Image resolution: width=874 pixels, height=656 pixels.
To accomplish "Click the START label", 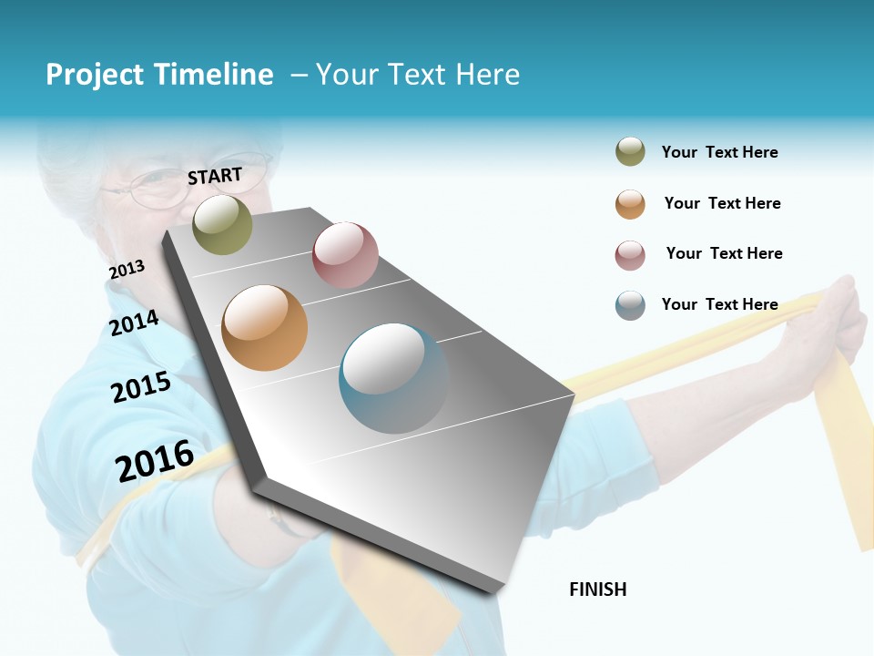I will tap(215, 175).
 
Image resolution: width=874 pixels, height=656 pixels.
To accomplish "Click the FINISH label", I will tap(597, 589).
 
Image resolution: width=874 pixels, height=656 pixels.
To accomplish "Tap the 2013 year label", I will tap(127, 270).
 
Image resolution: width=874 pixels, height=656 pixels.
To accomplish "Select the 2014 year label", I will tap(134, 323).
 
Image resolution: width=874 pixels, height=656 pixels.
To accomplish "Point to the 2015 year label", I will tap(141, 387).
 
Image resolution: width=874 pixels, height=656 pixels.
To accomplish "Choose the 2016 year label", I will tap(155, 460).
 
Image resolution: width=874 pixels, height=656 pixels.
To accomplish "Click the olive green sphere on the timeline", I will tap(222, 224).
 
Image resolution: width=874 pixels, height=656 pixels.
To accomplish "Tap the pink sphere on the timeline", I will tap(345, 255).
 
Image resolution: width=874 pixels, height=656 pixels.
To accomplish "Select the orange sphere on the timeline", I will tap(264, 328).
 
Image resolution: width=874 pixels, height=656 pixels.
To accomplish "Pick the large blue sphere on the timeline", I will tap(394, 378).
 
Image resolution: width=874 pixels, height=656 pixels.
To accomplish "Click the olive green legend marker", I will tap(630, 152).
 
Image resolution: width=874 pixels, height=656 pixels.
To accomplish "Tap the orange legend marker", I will tap(630, 203).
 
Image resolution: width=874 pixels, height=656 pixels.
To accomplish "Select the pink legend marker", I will tap(630, 254).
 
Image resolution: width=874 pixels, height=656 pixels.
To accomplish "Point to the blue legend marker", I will tap(630, 304).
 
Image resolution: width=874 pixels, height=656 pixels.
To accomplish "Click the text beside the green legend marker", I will tap(719, 152).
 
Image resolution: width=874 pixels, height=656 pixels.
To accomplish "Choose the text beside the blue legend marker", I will tap(719, 304).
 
